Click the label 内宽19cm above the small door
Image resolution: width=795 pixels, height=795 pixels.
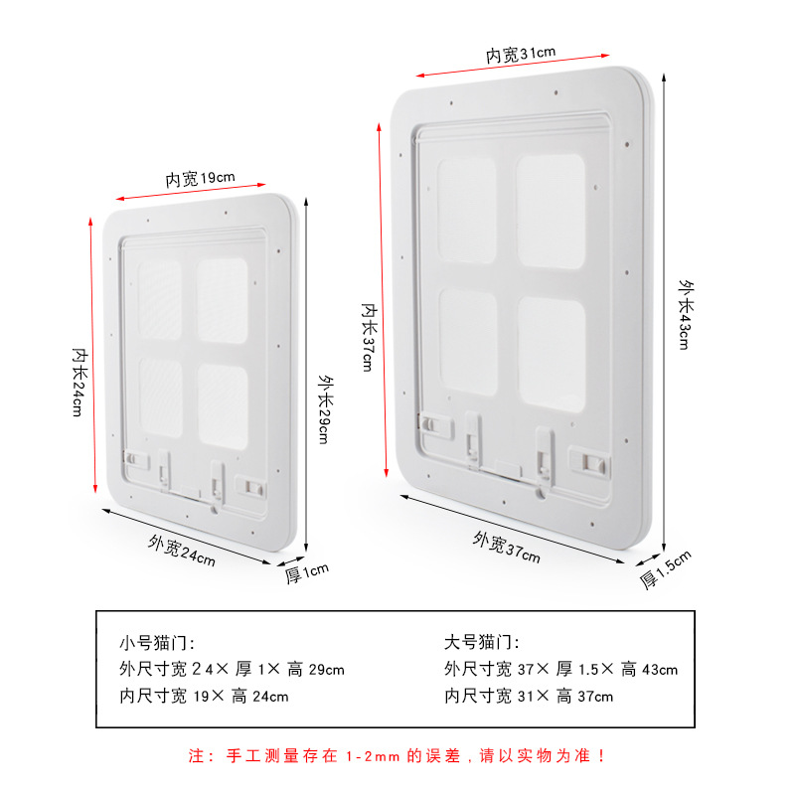point(200,179)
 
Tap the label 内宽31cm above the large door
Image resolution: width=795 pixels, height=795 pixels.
point(521,54)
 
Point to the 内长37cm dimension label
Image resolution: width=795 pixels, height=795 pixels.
point(367,337)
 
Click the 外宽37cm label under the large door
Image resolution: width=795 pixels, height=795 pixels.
point(507,548)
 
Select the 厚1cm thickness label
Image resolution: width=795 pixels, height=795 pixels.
point(307,573)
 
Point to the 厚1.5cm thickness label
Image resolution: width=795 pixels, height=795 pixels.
point(665,568)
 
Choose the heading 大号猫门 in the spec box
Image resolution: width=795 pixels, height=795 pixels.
point(481,643)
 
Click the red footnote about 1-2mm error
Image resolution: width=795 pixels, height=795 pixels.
point(397,756)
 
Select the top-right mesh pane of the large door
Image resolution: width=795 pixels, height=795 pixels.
point(551,211)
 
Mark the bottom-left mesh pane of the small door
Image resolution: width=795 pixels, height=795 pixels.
point(160,398)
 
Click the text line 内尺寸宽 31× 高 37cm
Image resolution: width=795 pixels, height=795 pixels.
point(529,697)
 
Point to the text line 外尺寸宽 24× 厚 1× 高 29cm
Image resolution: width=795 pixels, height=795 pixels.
point(232,670)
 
